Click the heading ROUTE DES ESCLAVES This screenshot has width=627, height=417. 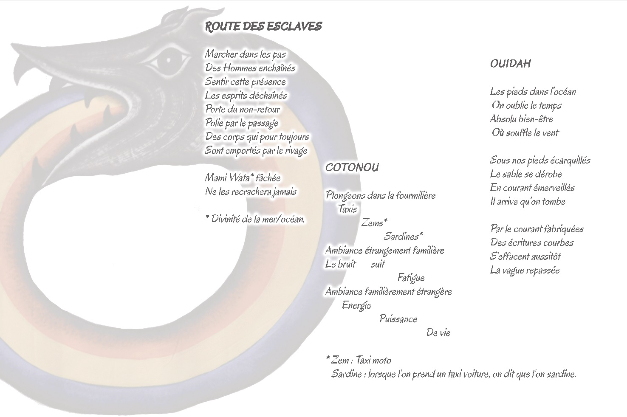263,27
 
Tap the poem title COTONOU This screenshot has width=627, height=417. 352,168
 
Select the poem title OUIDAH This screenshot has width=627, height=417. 510,64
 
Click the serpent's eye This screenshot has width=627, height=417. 169,59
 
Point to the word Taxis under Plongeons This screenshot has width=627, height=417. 347,209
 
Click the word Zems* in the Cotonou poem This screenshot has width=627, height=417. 375,223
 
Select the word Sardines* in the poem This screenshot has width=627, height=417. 403,236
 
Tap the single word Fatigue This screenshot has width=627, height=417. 411,278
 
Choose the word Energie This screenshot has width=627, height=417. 356,305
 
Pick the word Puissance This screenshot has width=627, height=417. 398,319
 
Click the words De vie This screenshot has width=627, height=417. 438,333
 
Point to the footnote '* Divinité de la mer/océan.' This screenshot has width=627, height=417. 255,219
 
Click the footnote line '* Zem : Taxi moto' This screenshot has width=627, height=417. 359,360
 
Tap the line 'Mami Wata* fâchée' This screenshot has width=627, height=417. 243,178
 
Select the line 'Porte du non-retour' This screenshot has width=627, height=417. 243,109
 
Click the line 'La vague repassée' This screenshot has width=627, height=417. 525,270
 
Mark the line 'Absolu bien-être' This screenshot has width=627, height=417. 522,119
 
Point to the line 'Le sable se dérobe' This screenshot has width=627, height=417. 526,174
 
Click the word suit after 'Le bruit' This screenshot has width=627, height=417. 378,264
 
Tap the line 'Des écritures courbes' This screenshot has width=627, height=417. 532,242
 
